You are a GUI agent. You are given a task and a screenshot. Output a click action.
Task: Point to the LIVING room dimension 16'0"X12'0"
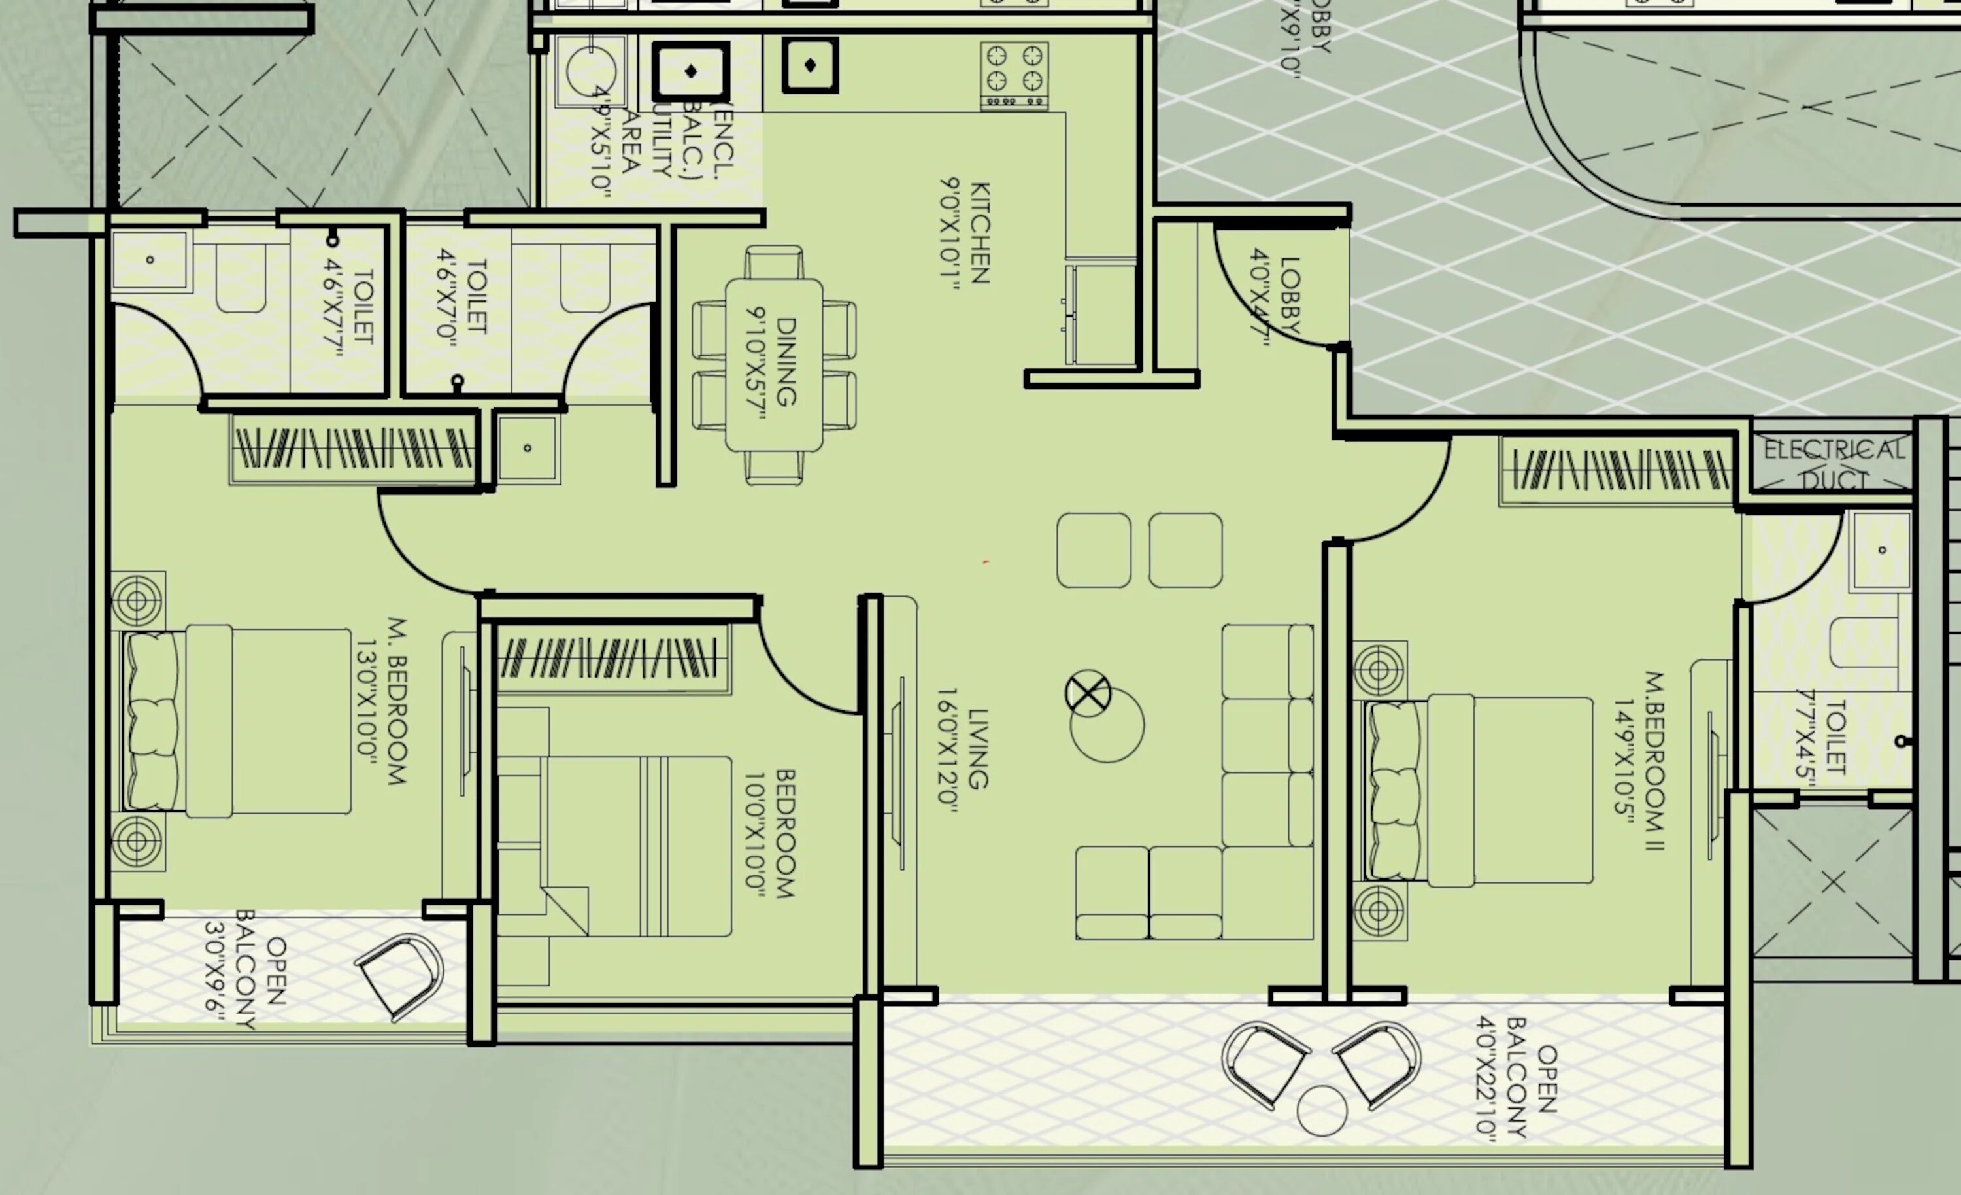(x=948, y=750)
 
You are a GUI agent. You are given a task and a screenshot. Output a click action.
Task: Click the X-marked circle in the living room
(x=1087, y=693)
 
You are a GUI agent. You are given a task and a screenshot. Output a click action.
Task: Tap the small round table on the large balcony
(x=1321, y=1111)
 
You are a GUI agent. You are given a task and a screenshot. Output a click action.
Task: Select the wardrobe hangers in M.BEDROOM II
(x=1620, y=470)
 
